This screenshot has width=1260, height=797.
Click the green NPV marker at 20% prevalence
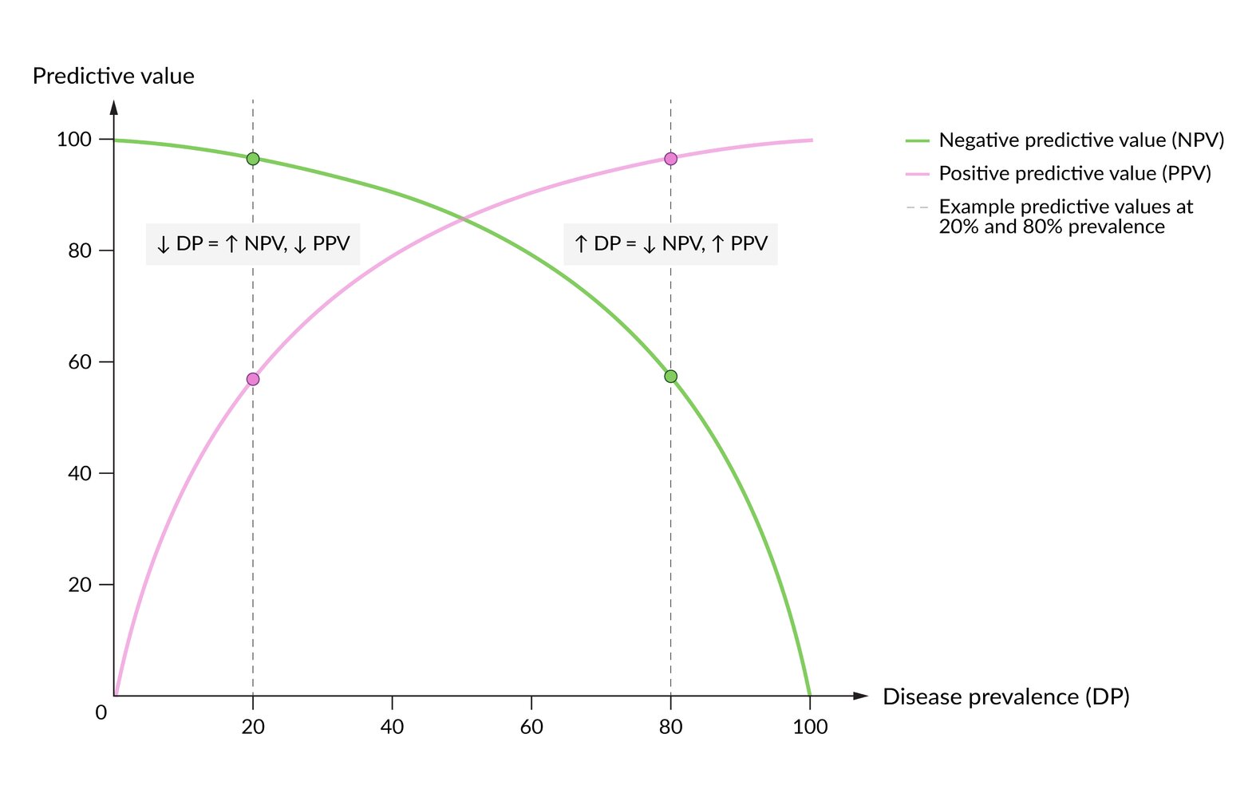[253, 159]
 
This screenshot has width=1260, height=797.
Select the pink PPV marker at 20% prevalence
[253, 379]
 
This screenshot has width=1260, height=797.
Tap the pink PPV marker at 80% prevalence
[670, 159]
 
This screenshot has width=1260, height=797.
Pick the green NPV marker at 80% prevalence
[670, 377]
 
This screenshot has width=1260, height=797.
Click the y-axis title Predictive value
[113, 77]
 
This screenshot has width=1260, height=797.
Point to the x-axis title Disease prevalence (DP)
[1005, 696]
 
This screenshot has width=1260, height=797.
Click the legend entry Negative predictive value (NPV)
[1080, 140]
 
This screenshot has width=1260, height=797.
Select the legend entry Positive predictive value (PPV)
[1074, 174]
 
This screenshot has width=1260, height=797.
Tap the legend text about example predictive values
[1065, 216]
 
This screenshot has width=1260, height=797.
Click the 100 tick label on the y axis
[74, 140]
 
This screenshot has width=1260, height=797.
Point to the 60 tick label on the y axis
[80, 362]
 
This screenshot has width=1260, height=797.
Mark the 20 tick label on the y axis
[80, 585]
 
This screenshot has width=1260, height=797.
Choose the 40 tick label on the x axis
[392, 727]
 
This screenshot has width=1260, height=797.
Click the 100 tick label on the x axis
[810, 727]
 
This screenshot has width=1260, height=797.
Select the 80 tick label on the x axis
[670, 727]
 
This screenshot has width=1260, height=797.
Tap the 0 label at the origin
[101, 712]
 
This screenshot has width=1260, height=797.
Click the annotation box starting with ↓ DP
[253, 244]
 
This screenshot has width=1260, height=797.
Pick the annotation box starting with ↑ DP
[670, 244]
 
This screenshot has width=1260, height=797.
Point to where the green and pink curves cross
[462, 217]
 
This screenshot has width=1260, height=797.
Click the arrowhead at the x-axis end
[860, 696]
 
